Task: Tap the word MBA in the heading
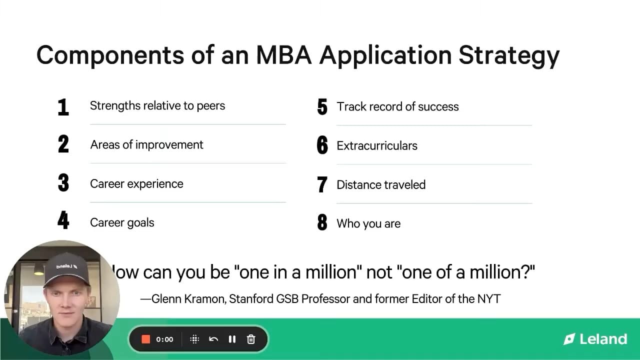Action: pos(283,55)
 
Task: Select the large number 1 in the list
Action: pos(63,107)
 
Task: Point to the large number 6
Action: pos(322,145)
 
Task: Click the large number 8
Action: pos(322,222)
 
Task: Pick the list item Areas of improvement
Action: pos(146,145)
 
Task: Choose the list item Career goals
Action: pos(122,222)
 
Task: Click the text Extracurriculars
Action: pos(377,145)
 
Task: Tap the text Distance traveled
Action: pos(381,184)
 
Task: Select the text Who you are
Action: pos(368,223)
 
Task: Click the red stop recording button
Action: pos(145,339)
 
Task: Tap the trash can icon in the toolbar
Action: pos(251,339)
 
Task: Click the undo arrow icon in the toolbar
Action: pos(213,339)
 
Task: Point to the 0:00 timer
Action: pos(164,339)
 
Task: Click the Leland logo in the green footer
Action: pos(595,339)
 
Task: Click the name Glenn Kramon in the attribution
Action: pos(188,299)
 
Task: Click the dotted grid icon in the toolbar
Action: pos(194,339)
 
